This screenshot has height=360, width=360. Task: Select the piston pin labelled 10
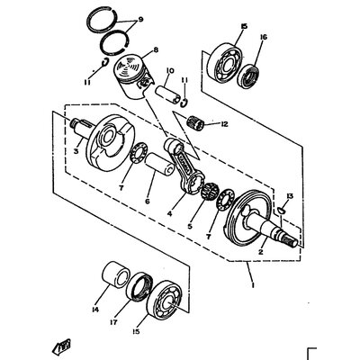(x=167, y=94)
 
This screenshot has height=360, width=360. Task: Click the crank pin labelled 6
(x=160, y=164)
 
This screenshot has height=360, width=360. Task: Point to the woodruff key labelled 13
(x=282, y=210)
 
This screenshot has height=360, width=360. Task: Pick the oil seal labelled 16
(x=249, y=76)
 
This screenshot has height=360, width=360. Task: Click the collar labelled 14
(x=116, y=274)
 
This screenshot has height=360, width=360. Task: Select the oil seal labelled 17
(x=139, y=287)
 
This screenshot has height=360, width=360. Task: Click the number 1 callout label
(x=253, y=284)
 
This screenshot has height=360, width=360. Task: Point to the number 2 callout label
(x=260, y=252)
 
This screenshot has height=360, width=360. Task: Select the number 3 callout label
(x=76, y=151)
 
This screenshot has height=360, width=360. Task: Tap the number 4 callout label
(x=170, y=213)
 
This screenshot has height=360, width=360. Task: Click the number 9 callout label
(x=140, y=20)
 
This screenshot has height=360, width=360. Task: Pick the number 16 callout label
(x=264, y=37)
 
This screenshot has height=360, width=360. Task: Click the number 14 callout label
(x=95, y=309)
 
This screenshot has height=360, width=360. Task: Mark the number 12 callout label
(x=224, y=123)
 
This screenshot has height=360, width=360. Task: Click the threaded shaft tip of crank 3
(x=74, y=123)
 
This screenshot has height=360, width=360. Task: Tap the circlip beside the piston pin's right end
(x=184, y=102)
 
